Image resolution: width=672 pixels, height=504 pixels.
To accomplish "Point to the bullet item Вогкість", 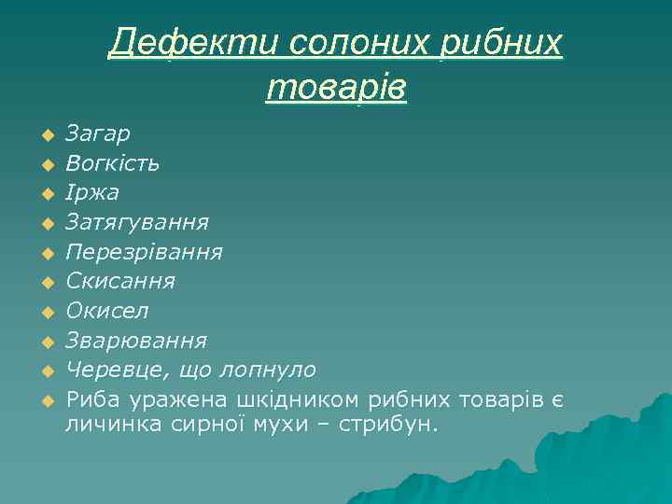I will (x=113, y=163).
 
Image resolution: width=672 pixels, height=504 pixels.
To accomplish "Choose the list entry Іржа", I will (x=92, y=192).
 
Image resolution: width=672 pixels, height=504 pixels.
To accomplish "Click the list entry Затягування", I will (x=137, y=222).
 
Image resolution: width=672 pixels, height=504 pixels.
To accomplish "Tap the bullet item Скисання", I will (x=120, y=280).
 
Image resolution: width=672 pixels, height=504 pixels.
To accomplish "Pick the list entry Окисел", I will (x=107, y=310).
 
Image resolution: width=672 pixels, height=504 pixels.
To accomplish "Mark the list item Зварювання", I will (x=136, y=340).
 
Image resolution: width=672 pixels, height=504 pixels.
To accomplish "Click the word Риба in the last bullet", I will (x=90, y=399).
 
